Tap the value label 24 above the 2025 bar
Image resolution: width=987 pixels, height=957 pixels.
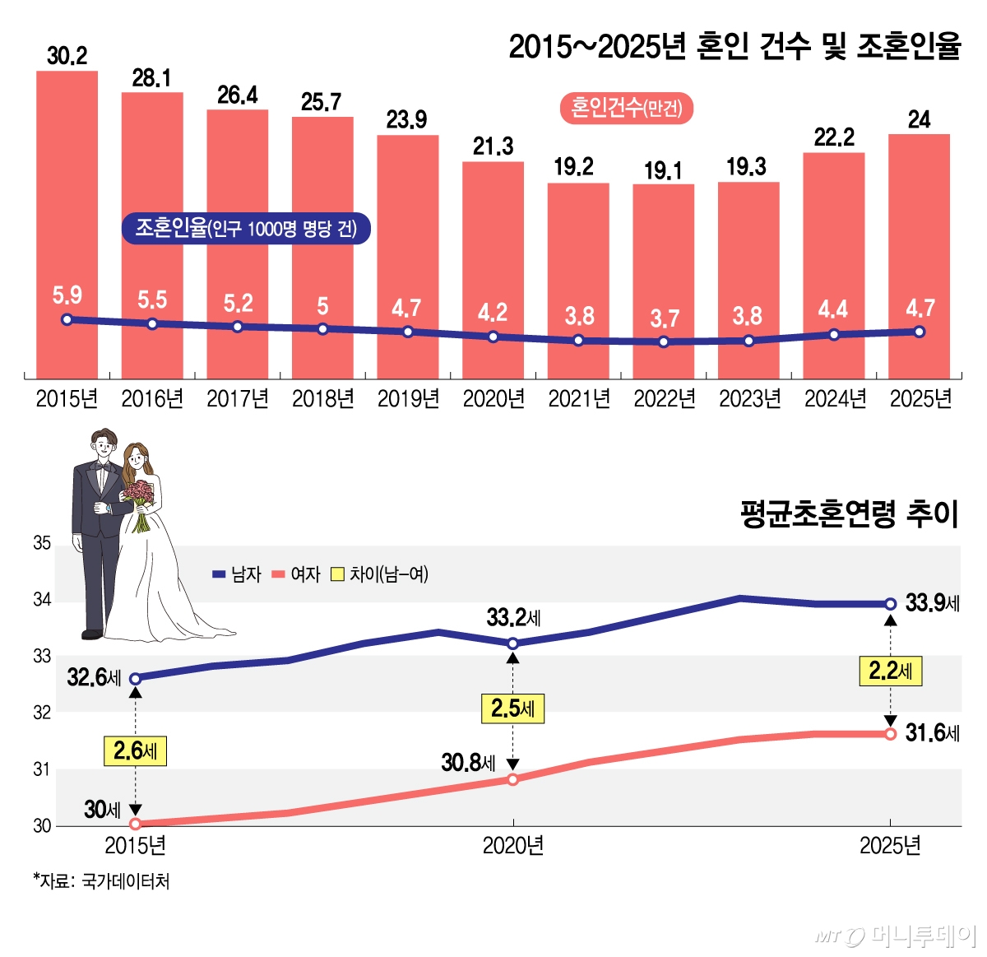click(x=919, y=119)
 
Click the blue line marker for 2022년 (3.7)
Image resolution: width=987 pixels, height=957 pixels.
click(x=664, y=341)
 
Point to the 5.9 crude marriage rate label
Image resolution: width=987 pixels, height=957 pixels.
click(x=67, y=295)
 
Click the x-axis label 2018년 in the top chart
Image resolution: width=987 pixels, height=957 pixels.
click(x=322, y=399)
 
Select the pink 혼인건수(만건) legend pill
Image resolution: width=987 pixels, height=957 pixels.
click(x=627, y=108)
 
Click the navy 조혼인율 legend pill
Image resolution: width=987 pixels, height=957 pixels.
click(x=246, y=228)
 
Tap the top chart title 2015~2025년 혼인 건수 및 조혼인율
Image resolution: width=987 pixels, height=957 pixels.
click(x=734, y=47)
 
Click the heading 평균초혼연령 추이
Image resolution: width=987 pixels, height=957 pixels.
click(x=850, y=514)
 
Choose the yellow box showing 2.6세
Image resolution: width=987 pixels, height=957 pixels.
click(x=135, y=750)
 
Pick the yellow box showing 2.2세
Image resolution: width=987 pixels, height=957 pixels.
click(x=891, y=671)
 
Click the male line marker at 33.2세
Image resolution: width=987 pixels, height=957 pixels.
click(x=512, y=643)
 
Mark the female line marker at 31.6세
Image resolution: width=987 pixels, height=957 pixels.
click(x=890, y=733)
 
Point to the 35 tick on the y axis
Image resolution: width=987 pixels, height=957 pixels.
click(x=42, y=543)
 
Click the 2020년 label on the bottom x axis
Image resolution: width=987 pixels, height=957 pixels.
click(x=512, y=846)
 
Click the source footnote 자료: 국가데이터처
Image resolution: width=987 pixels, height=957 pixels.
click(x=102, y=881)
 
